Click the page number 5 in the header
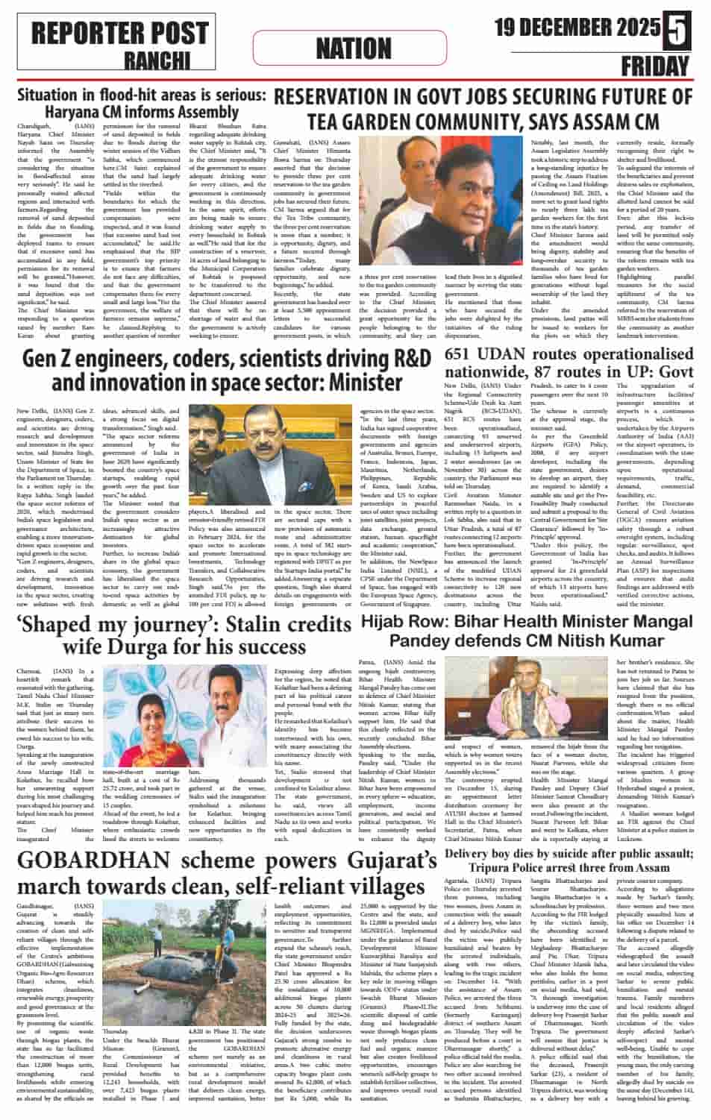pos(678,28)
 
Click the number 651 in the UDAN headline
pos(465,354)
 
